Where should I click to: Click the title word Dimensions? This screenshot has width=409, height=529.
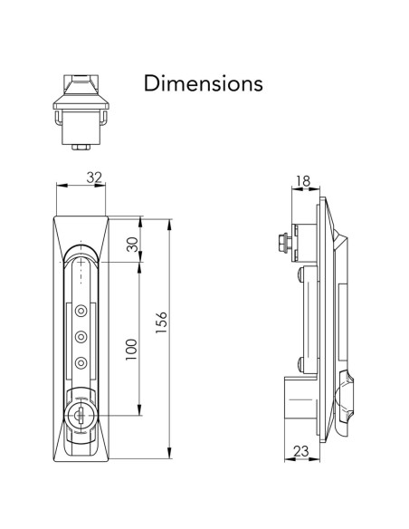coord(204,83)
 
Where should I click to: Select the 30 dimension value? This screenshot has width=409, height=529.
coord(131,245)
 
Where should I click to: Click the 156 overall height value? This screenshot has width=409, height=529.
coord(162,323)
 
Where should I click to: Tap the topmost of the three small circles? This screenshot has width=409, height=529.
coord(81,311)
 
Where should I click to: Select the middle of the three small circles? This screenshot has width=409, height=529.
coord(81,337)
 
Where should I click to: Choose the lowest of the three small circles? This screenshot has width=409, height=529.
coord(81,363)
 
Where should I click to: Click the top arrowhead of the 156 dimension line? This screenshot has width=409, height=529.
coord(170,220)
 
